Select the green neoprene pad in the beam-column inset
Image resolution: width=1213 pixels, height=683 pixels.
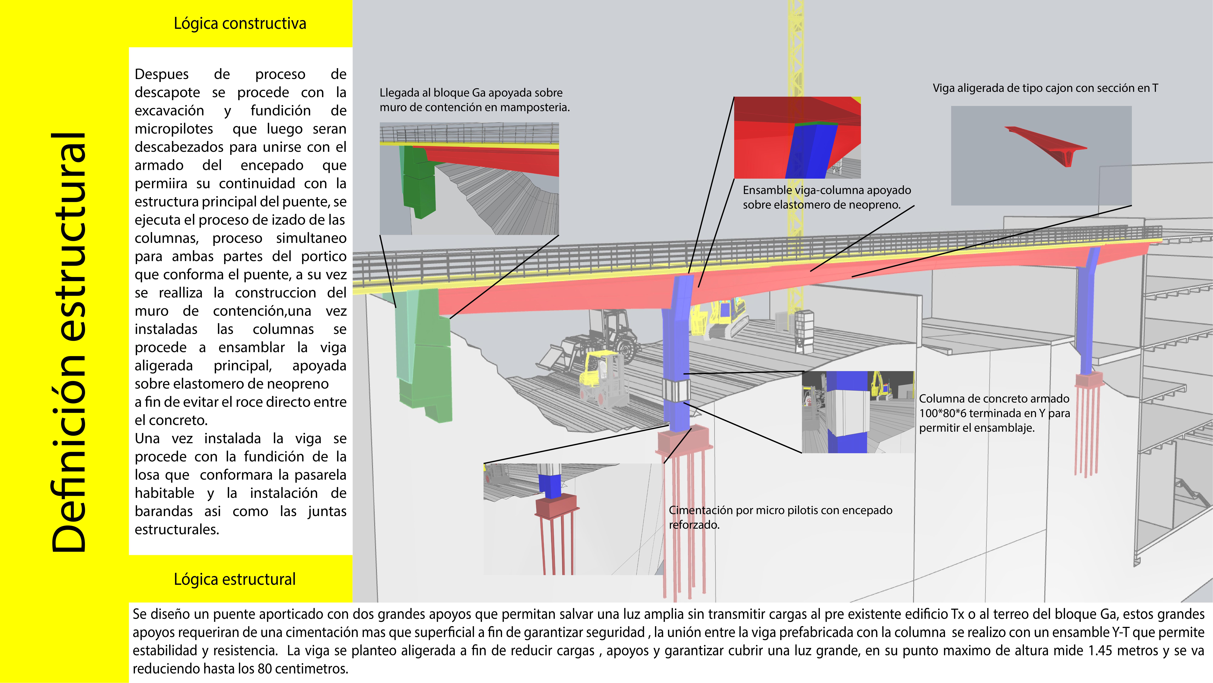click(816, 124)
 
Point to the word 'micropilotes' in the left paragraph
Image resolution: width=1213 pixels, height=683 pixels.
click(174, 129)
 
